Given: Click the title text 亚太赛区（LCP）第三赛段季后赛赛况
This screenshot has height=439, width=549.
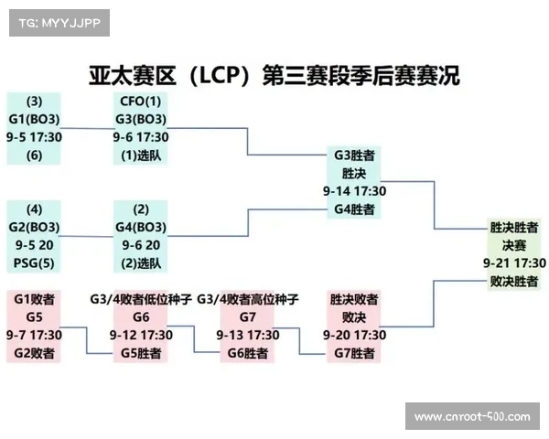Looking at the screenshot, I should click(274, 74).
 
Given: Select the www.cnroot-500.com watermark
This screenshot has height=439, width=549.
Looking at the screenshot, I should click(472, 417).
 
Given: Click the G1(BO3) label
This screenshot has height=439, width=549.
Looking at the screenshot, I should click(34, 119).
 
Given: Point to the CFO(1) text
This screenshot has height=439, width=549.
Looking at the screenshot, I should click(141, 102).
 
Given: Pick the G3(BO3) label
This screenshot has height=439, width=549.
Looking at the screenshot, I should click(141, 119).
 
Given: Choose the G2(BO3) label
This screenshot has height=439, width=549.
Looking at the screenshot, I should click(34, 227).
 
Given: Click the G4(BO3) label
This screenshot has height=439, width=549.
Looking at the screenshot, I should click(141, 227).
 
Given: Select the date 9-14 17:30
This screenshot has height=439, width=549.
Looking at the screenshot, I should click(354, 191).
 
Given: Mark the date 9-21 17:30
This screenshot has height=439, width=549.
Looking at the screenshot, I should click(514, 262).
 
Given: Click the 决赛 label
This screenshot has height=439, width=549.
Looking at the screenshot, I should click(514, 245).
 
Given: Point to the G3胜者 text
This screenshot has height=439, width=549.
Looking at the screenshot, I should click(354, 155).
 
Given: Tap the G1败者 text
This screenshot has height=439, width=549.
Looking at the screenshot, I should click(34, 299).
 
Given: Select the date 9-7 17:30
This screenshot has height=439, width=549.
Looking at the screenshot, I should click(34, 335).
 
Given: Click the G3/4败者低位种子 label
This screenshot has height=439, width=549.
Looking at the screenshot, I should click(141, 299).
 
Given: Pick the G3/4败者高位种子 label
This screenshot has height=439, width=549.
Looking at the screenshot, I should click(247, 299).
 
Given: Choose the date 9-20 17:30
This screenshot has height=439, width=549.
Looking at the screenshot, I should click(354, 335).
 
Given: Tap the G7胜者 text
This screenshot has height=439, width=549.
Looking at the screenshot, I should click(354, 353).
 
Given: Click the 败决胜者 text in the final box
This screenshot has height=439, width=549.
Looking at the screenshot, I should click(514, 281).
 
